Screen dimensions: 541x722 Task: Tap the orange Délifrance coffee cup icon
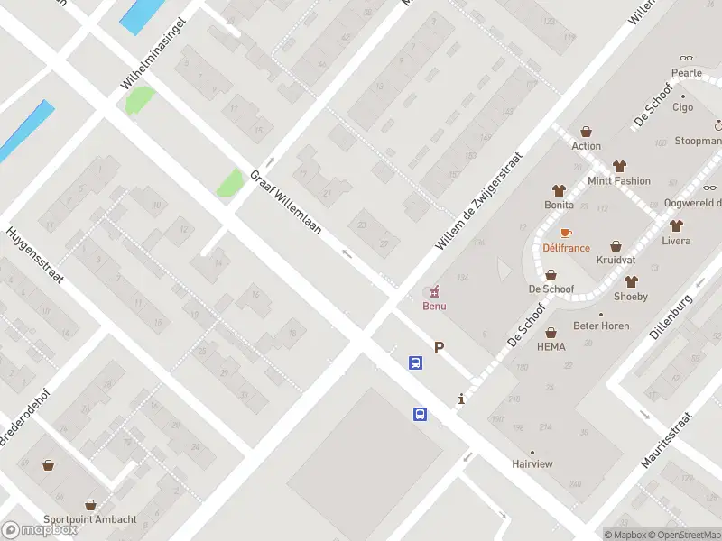pyautogui.click(x=567, y=233)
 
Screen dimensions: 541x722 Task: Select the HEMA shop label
pyautogui.click(x=551, y=346)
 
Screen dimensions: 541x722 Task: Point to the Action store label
pyautogui.click(x=586, y=145)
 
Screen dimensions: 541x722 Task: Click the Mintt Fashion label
pyautogui.click(x=618, y=180)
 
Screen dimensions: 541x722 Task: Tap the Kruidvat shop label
pyautogui.click(x=616, y=260)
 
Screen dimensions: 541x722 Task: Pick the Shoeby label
pyautogui.click(x=630, y=297)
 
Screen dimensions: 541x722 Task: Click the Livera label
pyautogui.click(x=676, y=241)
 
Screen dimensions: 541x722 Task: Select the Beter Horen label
pyautogui.click(x=602, y=326)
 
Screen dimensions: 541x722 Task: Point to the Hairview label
pyautogui.click(x=532, y=463)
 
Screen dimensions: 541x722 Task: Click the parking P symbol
pyautogui.click(x=440, y=347)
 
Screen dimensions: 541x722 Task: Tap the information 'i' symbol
pyautogui.click(x=461, y=399)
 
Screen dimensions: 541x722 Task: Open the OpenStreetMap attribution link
pyautogui.click(x=686, y=535)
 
